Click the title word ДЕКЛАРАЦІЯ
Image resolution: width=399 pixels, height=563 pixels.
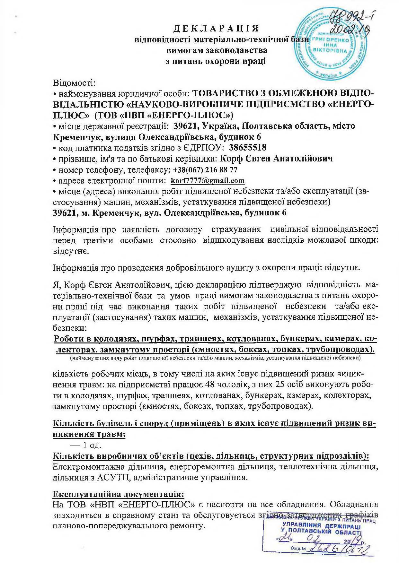[x=216, y=29]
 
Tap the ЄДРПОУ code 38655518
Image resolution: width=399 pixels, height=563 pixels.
[x=248, y=148]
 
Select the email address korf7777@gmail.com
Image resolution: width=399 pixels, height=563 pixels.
[x=208, y=181]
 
